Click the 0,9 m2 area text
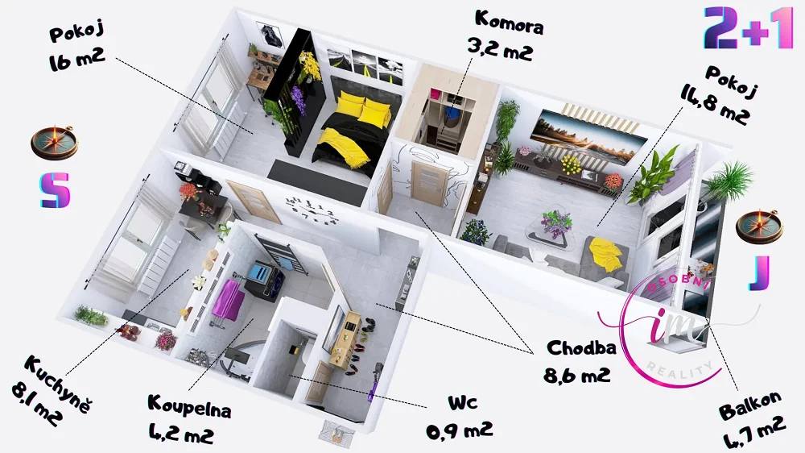tap(459, 430)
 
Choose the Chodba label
tap(581, 348)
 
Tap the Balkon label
tap(750, 405)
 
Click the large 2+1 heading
tap(749, 27)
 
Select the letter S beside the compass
tap(55, 190)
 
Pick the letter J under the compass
tap(759, 272)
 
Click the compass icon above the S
tap(54, 143)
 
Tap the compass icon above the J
tap(759, 226)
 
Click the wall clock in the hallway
tap(312, 210)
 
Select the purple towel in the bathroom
tap(230, 301)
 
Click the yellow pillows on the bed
tap(364, 109)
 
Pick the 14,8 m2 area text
tap(714, 106)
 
